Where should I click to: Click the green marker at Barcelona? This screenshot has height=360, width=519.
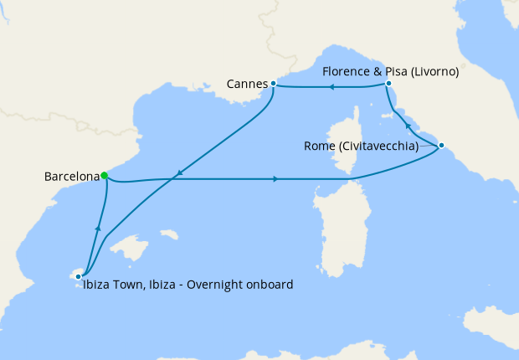(x=104, y=176)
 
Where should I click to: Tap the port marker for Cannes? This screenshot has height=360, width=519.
(x=274, y=84)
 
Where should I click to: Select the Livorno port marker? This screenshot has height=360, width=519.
(x=388, y=84)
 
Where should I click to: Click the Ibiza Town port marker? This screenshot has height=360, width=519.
(x=78, y=274)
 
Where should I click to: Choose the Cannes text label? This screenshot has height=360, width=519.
(x=247, y=85)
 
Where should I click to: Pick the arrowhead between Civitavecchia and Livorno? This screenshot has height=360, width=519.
(x=408, y=126)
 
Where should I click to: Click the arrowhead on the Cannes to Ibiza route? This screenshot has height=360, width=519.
(x=177, y=175)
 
